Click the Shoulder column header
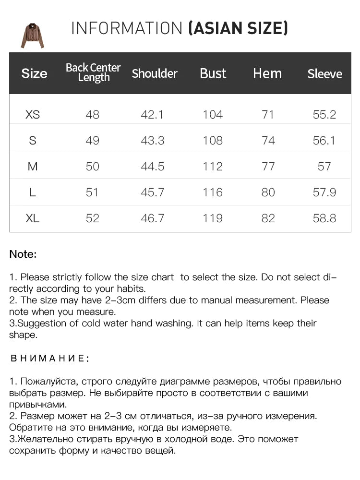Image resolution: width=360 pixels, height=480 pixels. [154, 73]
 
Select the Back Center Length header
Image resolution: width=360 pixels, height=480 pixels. [93, 72]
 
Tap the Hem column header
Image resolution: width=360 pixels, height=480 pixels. [267, 73]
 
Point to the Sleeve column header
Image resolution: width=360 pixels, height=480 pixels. [324, 74]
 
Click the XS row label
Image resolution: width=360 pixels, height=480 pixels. [33, 115]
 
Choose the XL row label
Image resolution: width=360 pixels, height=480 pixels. [33, 218]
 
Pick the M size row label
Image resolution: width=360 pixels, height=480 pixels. [33, 167]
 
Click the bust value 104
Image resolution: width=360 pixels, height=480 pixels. [213, 115]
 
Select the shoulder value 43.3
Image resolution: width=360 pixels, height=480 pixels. [153, 141]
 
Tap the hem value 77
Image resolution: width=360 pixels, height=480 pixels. [268, 167]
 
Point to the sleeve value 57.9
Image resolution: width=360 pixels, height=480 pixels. [324, 192]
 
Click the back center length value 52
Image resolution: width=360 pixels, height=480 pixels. [92, 218]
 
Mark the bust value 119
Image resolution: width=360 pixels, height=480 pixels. [213, 218]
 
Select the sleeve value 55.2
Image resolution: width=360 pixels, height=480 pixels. [324, 115]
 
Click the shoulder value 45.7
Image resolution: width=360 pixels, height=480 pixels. [153, 192]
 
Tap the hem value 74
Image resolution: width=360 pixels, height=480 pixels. [268, 141]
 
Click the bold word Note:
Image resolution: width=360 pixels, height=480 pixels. [23, 254]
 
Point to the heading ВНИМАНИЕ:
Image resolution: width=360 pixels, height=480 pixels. [49, 359]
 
